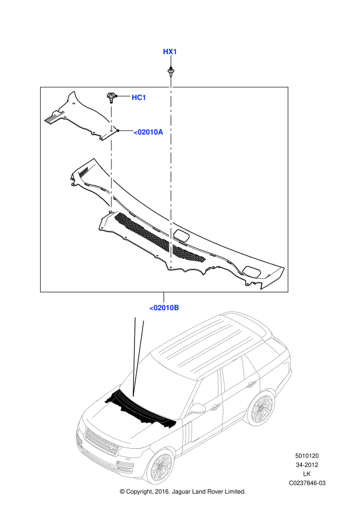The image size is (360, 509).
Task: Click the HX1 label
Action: coord(170,52)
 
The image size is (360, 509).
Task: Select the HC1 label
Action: coord(139,98)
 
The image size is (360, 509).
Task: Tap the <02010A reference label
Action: coord(148,132)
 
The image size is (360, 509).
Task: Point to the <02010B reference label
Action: coord(164,308)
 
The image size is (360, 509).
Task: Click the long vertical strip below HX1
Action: coord(171,172)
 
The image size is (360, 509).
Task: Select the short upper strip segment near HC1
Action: coord(111,118)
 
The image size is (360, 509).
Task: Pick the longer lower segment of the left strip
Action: coord(111,176)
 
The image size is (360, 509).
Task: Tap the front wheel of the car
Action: coord(160,467)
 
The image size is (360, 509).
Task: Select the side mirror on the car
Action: coord(197,408)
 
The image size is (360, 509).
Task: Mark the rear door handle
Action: coord(251,384)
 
